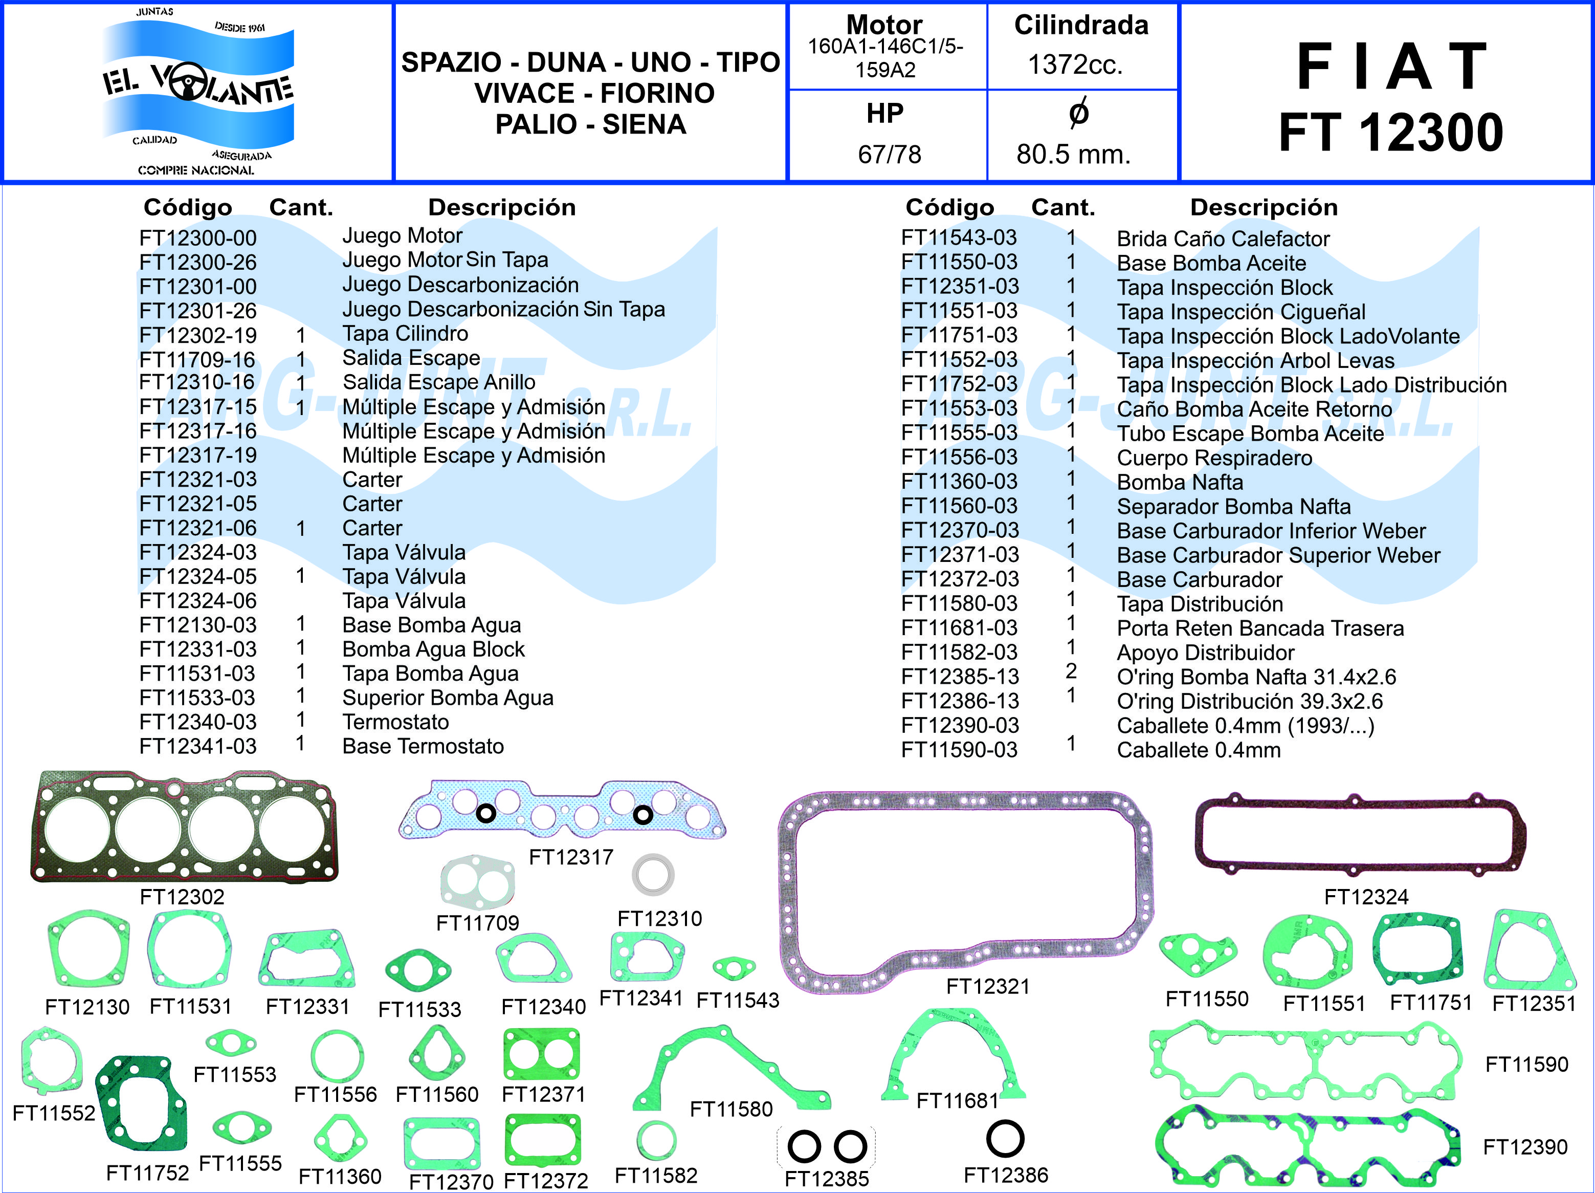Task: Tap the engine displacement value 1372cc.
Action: coord(1075,65)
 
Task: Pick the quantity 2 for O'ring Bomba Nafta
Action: coord(1071,671)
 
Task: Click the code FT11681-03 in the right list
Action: coord(959,628)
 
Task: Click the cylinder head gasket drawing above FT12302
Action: coord(184,827)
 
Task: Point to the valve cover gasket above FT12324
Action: coord(1360,834)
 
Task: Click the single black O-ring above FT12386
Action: coord(1005,1139)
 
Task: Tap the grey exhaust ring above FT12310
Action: coord(653,875)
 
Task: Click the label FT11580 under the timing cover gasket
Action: coord(730,1109)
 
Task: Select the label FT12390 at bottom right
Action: coord(1525,1147)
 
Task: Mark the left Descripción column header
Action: coord(502,208)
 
